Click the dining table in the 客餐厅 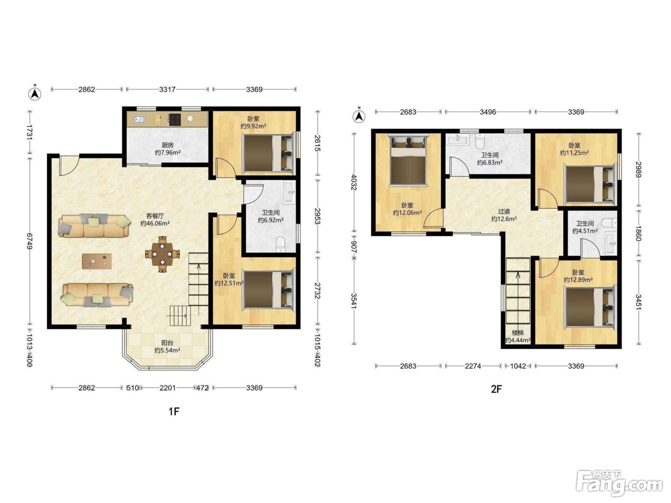pos(162,254)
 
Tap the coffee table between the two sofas pos(97,262)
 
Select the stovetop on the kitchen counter pos(175,119)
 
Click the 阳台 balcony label pos(168,343)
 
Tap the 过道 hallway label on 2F pos(504,211)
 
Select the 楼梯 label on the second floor pos(518,332)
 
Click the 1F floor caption pos(174,412)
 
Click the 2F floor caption pos(496,389)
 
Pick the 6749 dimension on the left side pos(30,241)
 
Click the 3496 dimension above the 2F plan pos(488,112)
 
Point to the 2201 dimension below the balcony pos(168,388)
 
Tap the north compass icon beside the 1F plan pos(35,93)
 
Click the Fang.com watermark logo pos(619,483)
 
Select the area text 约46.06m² pos(155,223)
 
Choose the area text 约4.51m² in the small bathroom pos(585,231)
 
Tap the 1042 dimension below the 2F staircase pos(518,366)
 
